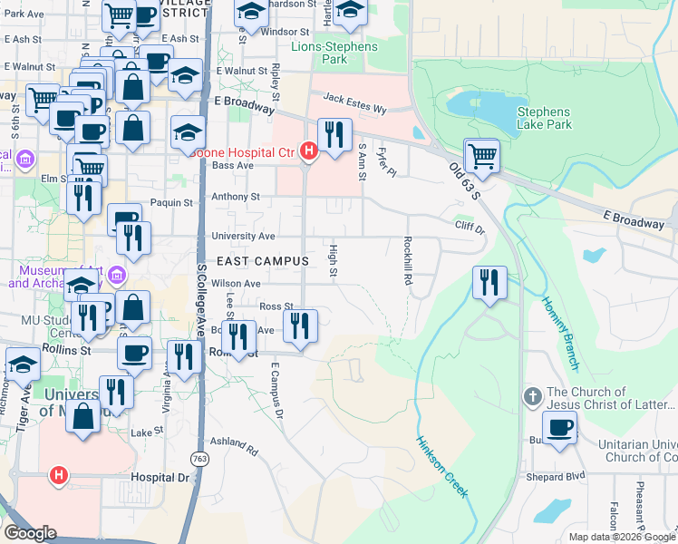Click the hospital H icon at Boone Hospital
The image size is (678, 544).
tap(308, 151)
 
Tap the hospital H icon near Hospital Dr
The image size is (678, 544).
tap(59, 473)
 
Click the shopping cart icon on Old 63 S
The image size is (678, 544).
tap(481, 155)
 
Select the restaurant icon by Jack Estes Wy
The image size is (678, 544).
tap(334, 135)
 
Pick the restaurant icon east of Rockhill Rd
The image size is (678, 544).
tap(489, 281)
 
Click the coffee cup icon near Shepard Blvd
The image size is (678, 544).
tap(559, 428)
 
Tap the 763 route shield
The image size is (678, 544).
tap(199, 459)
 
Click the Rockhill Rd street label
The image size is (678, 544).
tap(408, 261)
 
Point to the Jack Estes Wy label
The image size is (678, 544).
tap(354, 103)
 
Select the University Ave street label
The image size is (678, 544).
tap(243, 236)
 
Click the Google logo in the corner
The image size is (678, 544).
tap(31, 533)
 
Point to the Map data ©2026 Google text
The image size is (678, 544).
tap(621, 537)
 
